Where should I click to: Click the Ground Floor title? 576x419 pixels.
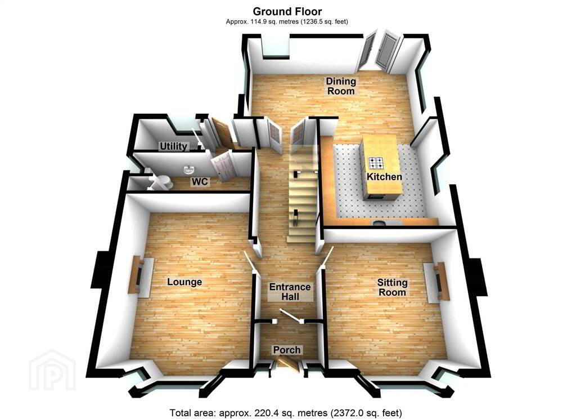[x=287, y=11]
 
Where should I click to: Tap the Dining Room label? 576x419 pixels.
[x=341, y=86]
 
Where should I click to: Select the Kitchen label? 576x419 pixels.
[x=384, y=177]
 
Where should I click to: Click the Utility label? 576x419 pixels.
[x=173, y=146]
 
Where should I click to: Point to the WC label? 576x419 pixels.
[x=200, y=181]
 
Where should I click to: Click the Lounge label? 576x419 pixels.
[x=184, y=282]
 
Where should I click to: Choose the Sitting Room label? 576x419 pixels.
[x=392, y=287]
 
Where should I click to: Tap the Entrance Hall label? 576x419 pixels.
[x=290, y=292]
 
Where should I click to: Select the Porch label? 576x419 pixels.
[x=286, y=350]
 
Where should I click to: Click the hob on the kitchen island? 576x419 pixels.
[x=376, y=163]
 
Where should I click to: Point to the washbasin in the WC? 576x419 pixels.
[x=189, y=170]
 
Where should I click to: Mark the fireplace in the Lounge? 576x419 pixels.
[x=141, y=275]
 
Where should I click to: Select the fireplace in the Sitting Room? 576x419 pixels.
[x=437, y=282]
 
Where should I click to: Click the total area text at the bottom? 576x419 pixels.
[x=285, y=413]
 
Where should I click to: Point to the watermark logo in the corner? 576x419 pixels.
[x=52, y=369]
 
